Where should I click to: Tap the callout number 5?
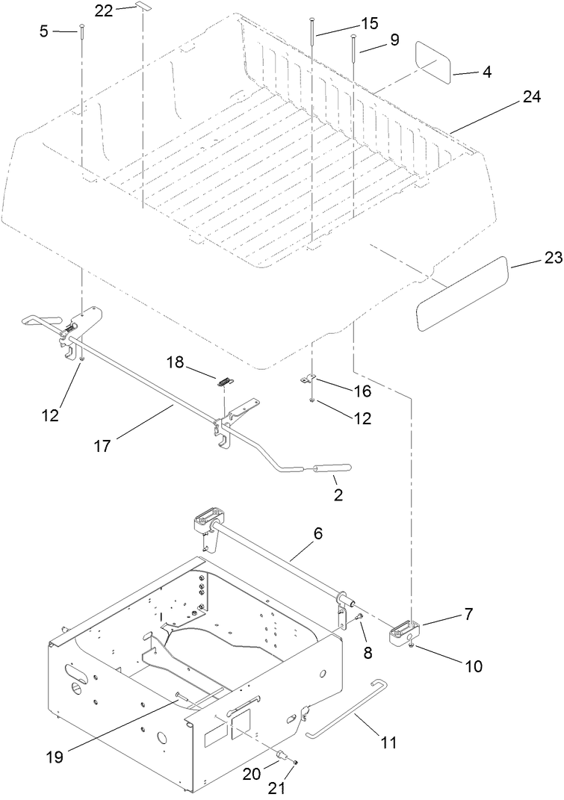(44, 31)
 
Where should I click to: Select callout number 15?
(369, 23)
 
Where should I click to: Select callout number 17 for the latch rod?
(103, 446)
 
